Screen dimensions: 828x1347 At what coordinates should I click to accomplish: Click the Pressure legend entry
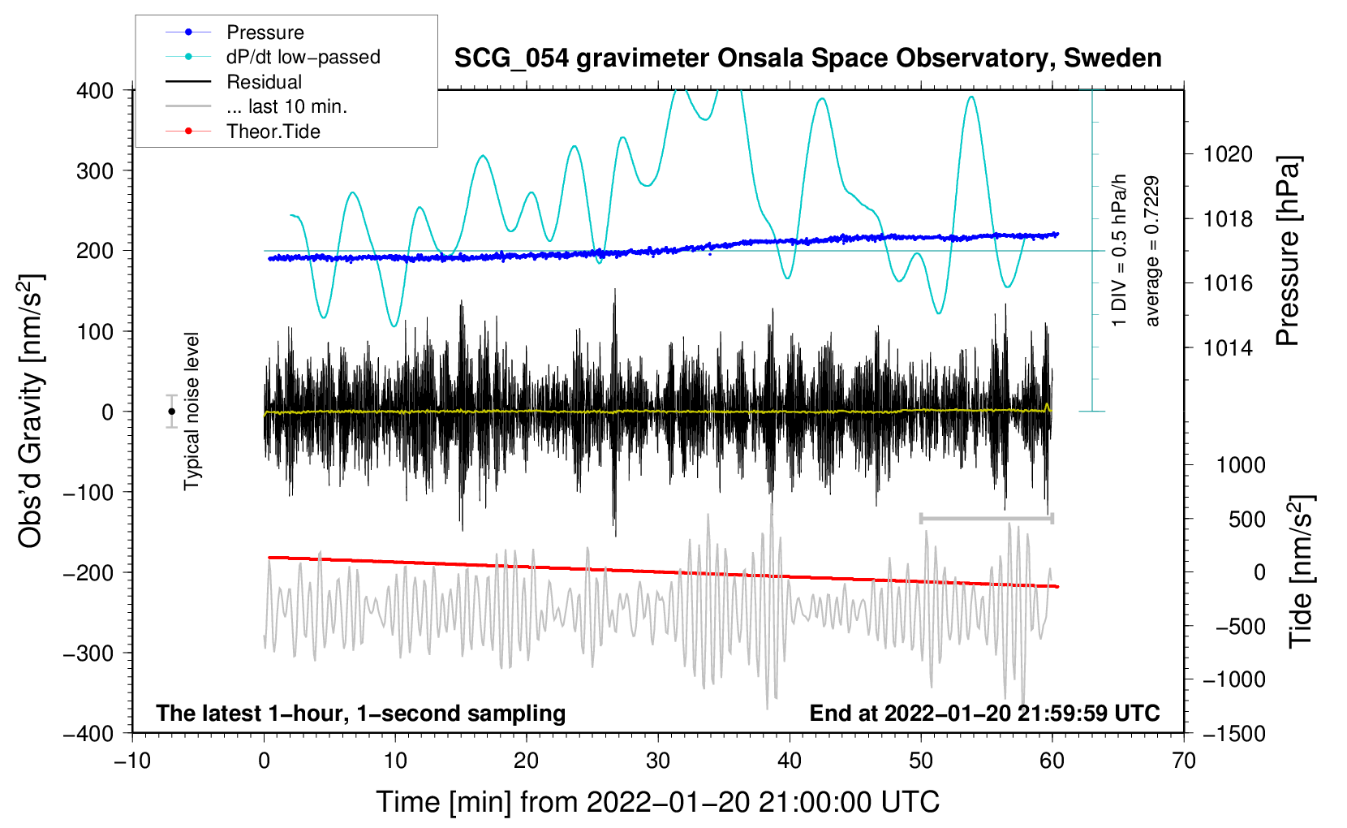pos(265,32)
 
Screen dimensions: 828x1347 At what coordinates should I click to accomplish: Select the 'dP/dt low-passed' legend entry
pos(303,57)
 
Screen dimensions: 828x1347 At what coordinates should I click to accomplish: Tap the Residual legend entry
pos(264,82)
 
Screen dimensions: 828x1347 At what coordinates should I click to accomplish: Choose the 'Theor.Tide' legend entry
pos(273,132)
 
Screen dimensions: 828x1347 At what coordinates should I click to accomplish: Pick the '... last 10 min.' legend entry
pos(286,106)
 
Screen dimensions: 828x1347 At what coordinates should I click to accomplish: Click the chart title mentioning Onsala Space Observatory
pos(807,58)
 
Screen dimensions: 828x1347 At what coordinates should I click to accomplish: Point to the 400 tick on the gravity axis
pos(95,91)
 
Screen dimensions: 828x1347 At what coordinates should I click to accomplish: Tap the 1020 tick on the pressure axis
pos(1228,154)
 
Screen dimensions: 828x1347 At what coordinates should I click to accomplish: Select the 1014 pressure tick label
pos(1228,348)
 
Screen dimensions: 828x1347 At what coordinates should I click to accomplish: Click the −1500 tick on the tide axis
pos(1233,734)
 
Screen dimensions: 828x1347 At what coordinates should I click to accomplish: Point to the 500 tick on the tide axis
pos(1246,520)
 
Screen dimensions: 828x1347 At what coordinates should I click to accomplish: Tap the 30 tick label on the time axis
pos(658,761)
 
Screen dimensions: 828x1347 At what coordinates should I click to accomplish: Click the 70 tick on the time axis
pos(1184,761)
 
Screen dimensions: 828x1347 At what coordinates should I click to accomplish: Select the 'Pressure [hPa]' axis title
pos(1289,252)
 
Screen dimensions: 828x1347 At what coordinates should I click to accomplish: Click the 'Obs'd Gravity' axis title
pos(31,411)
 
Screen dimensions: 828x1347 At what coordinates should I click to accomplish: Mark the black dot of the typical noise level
pos(172,412)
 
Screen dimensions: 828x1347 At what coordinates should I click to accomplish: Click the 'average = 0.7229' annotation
pos(1152,252)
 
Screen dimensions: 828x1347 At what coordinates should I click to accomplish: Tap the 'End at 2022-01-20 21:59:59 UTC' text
pos(984,714)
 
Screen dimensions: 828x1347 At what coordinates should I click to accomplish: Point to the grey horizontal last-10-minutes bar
pos(986,518)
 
